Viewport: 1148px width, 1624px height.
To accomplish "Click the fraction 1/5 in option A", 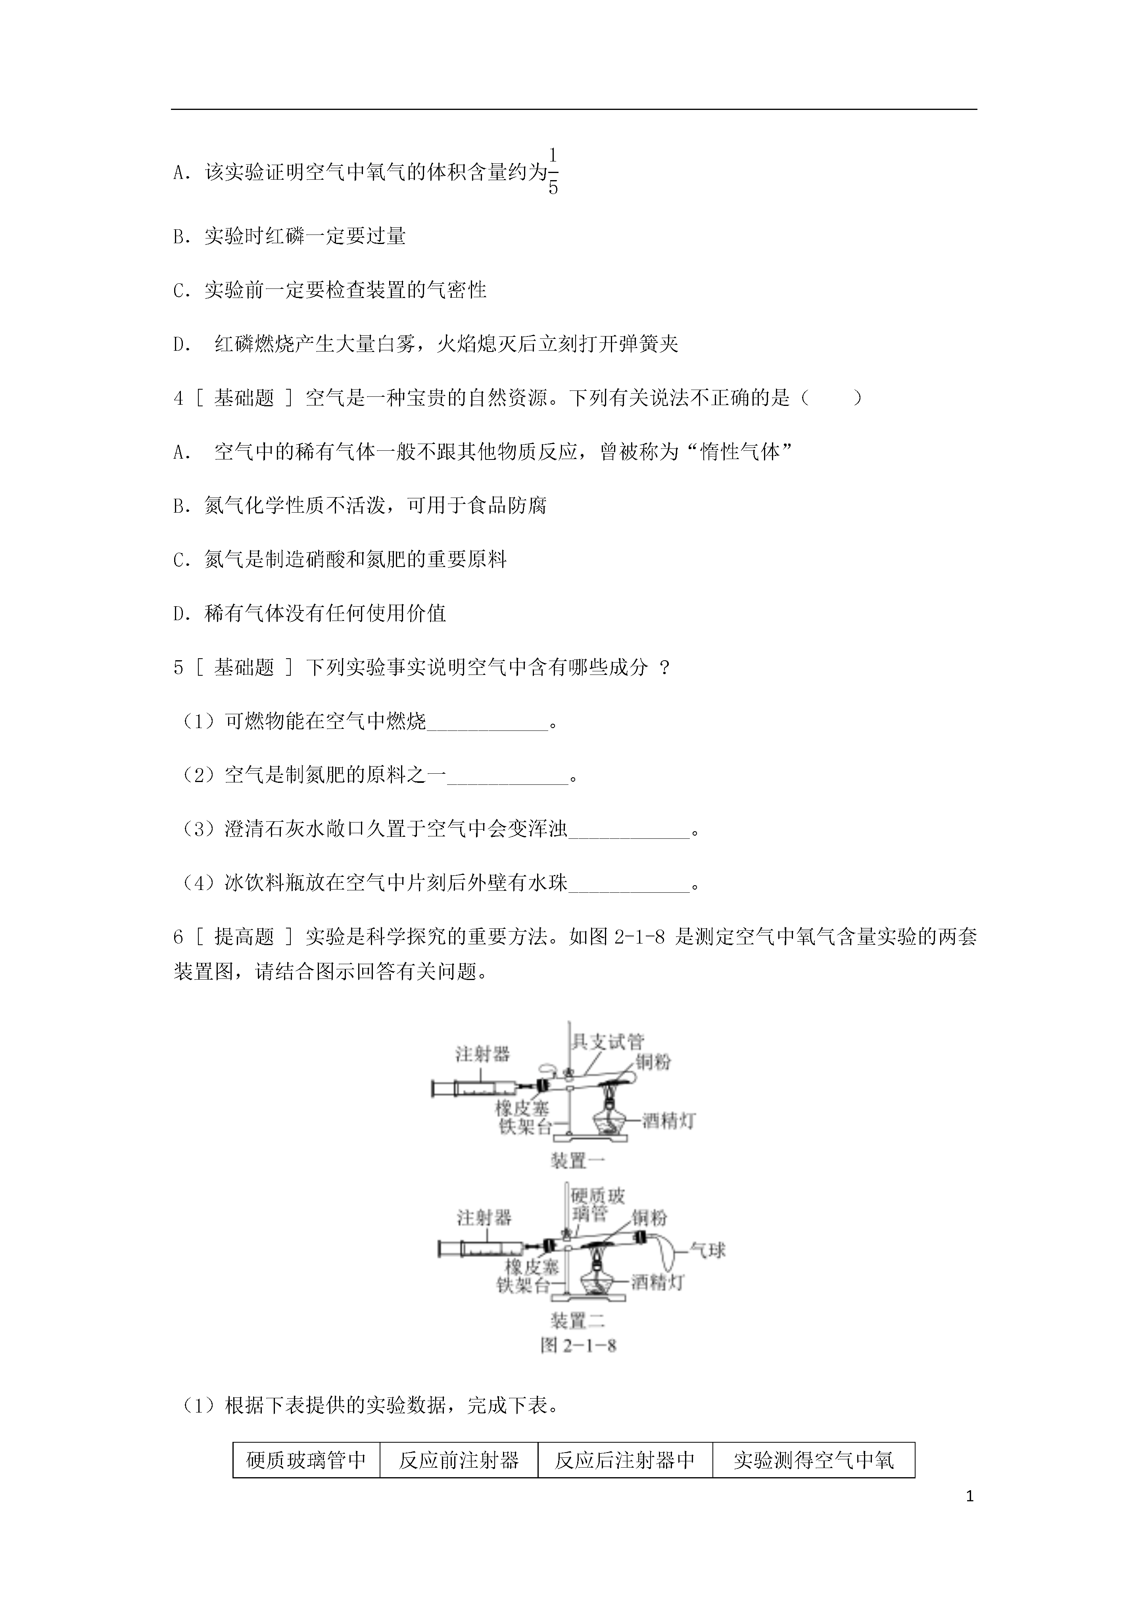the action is tap(553, 171).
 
